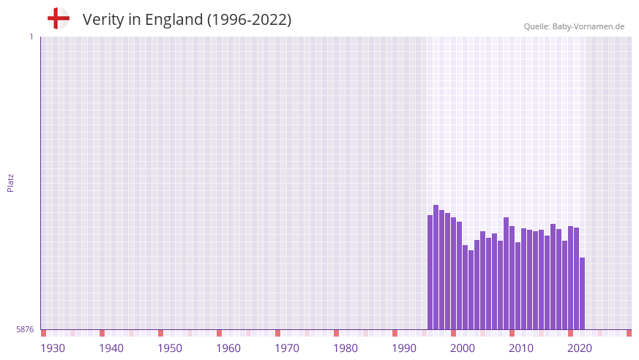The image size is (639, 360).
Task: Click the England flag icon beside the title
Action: pos(59,18)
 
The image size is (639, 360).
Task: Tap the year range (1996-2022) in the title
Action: pos(249,20)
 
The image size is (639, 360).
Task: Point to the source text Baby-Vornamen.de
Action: pos(588,26)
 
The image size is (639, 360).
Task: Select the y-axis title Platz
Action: pos(10,183)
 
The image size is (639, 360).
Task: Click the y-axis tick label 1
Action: pos(31,37)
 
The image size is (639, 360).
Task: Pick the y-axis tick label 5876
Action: pos(25,329)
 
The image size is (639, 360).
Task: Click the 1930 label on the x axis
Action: pos(53,348)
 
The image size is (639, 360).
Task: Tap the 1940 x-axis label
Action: pos(111,348)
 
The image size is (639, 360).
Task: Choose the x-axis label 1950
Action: pos(170,348)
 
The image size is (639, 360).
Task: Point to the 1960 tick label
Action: pos(228,348)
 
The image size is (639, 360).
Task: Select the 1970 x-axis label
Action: pos(287,348)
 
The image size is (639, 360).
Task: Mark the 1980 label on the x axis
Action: pos(345,348)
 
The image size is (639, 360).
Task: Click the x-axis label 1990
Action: pos(404,348)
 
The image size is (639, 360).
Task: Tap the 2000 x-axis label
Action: pos(463,348)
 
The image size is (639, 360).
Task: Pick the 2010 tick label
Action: pos(521,348)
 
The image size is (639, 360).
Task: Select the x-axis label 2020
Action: pos(580,348)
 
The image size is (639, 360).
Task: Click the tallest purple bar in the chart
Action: pos(436,267)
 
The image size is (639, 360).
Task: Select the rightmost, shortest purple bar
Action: pos(582,293)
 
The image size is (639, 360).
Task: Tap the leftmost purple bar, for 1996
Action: pos(430,272)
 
